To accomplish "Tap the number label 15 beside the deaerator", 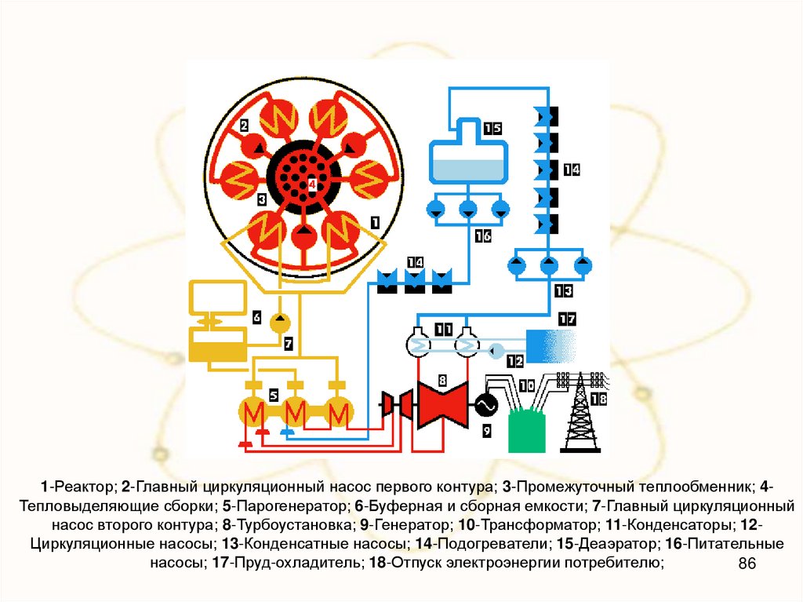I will pos(492,129).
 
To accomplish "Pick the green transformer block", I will pos(526,430).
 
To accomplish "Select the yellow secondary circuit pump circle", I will pos(280,322).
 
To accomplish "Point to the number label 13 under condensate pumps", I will pos(563,291).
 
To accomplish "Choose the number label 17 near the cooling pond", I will pos(566,319).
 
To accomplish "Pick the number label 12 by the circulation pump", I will pos(514,361).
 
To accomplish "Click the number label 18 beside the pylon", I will pos(598,399).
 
